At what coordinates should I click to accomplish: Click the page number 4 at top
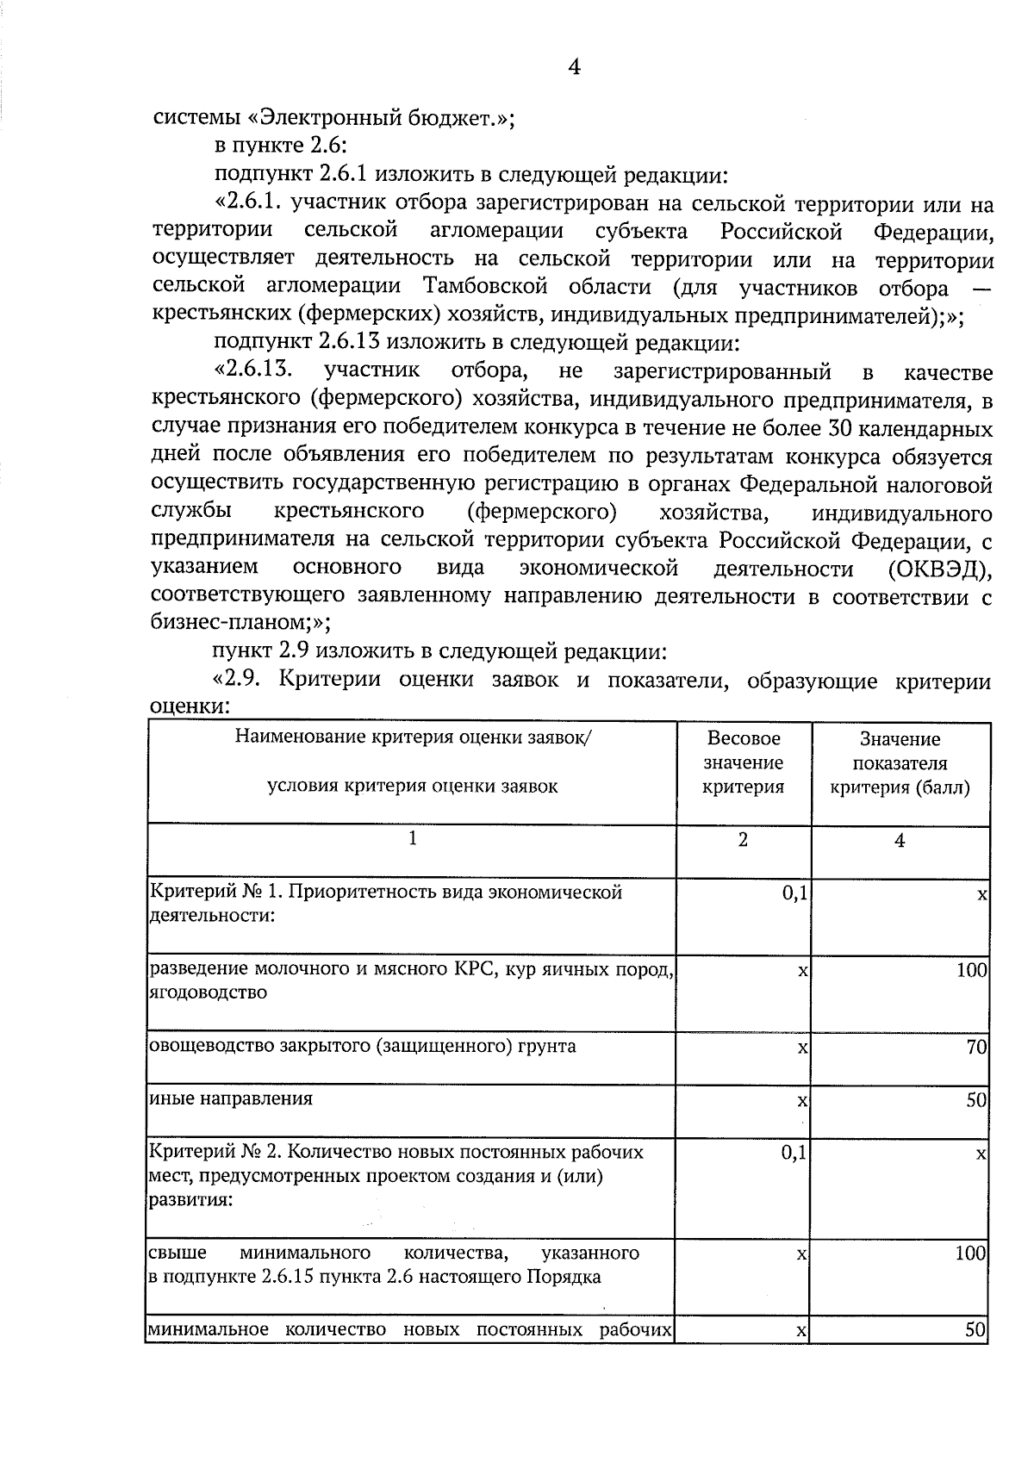[x=574, y=67]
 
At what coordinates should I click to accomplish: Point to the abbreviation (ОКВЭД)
[x=938, y=569]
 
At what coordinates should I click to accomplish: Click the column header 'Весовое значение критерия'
[x=744, y=762]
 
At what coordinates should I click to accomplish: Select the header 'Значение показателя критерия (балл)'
[x=900, y=763]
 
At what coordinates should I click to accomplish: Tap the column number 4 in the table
[x=900, y=842]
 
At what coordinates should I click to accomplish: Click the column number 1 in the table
[x=413, y=838]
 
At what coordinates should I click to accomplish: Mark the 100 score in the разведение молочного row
[x=971, y=971]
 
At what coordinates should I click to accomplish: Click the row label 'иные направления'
[x=231, y=1098]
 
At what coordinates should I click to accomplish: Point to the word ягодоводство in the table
[x=208, y=992]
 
